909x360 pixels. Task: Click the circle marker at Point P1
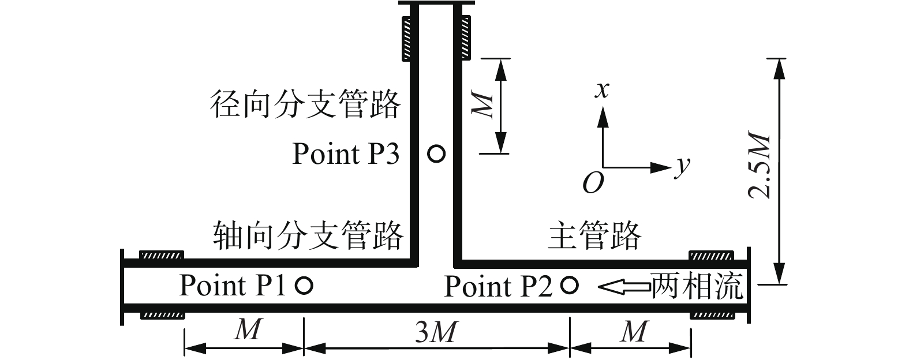[304, 285]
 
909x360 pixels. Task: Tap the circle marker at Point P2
[570, 284]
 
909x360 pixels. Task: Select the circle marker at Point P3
[436, 154]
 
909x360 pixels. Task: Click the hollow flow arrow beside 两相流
[623, 285]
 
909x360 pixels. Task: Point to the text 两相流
[697, 286]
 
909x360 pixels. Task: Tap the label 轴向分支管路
[308, 235]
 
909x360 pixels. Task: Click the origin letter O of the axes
[593, 183]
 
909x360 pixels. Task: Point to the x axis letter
[603, 89]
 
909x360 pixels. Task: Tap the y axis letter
[683, 166]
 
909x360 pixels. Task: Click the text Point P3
[345, 154]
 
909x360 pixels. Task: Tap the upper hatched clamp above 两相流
[712, 255]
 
